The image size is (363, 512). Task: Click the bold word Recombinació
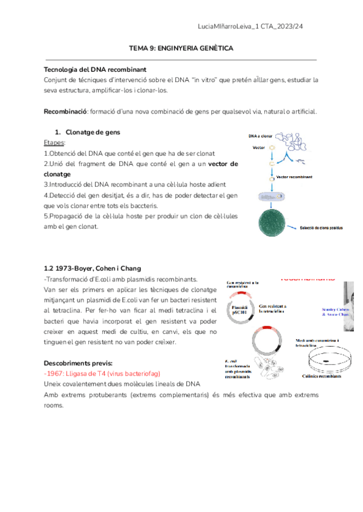click(x=66, y=112)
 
